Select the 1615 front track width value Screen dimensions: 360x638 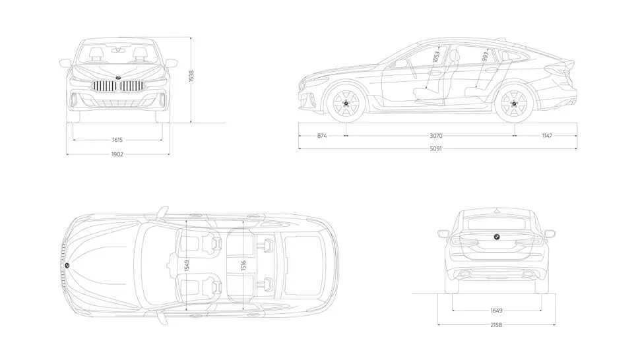pos(117,140)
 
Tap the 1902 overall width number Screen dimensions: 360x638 pos(117,154)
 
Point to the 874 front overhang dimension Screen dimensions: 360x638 pos(322,136)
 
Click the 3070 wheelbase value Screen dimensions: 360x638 pos(435,136)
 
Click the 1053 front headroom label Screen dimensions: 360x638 pos(436,58)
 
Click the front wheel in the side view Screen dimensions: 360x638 pos(346,104)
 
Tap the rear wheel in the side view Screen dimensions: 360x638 pos(515,104)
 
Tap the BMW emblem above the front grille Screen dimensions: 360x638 pos(117,77)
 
